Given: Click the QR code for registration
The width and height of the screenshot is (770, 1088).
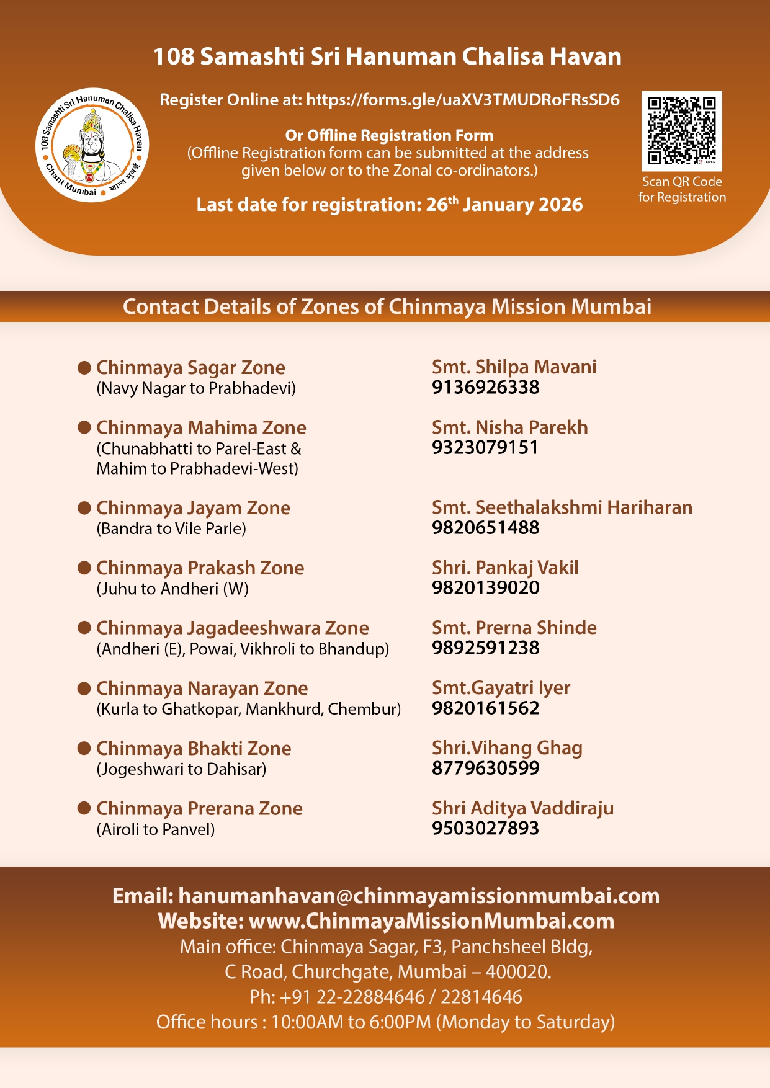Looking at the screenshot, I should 681,130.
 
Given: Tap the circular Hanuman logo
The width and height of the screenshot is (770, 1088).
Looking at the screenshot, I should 92,145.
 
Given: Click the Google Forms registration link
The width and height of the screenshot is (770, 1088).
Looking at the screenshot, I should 463,100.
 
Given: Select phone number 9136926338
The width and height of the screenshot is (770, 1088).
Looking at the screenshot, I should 485,388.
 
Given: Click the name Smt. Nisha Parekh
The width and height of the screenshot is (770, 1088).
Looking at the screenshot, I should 509,427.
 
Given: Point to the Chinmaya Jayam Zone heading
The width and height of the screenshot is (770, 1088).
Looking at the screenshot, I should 193,508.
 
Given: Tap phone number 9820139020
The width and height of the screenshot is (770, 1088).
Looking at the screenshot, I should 485,588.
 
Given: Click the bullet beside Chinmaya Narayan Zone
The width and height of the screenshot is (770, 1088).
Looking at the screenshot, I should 84,688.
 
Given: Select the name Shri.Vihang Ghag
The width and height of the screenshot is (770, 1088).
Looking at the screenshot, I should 507,748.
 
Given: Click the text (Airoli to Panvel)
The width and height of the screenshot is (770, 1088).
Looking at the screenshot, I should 156,829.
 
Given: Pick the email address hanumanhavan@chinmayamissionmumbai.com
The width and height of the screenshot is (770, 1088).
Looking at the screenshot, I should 419,896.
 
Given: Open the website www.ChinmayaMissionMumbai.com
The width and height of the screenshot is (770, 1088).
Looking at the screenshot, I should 431,921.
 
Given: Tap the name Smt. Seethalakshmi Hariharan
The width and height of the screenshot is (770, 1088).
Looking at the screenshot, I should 562,507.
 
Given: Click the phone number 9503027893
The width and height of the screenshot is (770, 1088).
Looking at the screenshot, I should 485,829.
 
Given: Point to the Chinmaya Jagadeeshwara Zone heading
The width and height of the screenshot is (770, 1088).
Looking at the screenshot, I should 232,628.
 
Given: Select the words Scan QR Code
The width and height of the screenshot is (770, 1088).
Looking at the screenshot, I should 681,182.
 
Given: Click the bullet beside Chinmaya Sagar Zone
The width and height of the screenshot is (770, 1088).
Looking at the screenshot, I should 84,367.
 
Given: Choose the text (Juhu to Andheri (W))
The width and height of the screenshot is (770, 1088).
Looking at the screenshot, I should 172,589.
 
